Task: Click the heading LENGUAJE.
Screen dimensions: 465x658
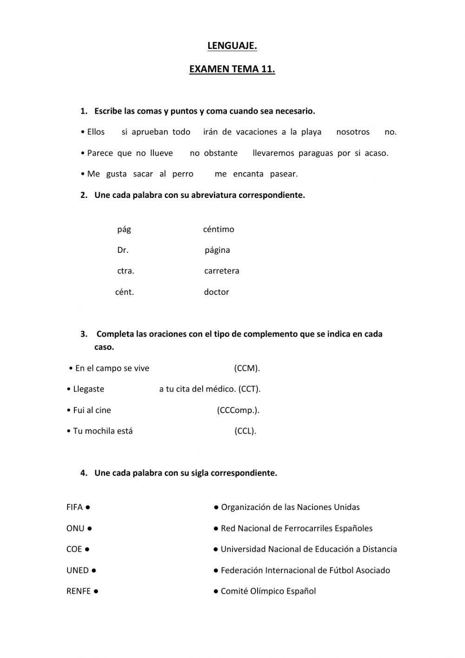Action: [232, 46]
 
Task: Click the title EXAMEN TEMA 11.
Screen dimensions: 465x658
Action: [232, 69]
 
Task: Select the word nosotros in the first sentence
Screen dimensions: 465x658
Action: [352, 132]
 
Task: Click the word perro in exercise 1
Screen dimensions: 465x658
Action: [183, 174]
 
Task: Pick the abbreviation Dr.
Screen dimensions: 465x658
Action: [123, 250]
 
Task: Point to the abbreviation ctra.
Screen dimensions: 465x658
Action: [126, 271]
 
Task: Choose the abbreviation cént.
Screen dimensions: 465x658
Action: [125, 292]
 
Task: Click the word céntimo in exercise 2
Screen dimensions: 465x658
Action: [219, 229]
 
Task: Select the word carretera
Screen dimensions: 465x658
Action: [221, 271]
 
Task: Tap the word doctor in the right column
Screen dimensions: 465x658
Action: [216, 292]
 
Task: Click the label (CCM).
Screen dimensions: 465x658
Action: [247, 368]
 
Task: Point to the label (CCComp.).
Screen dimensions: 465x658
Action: [238, 410]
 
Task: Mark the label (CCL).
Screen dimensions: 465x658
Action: [245, 431]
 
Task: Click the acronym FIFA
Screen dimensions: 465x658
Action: [74, 507]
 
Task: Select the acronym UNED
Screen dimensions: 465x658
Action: [77, 570]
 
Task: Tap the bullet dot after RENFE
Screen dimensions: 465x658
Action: [96, 591]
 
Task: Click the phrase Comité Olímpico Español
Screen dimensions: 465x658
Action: [268, 591]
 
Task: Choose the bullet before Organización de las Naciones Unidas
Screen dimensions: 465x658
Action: [216, 507]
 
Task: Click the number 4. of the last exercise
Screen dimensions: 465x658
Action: [84, 473]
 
